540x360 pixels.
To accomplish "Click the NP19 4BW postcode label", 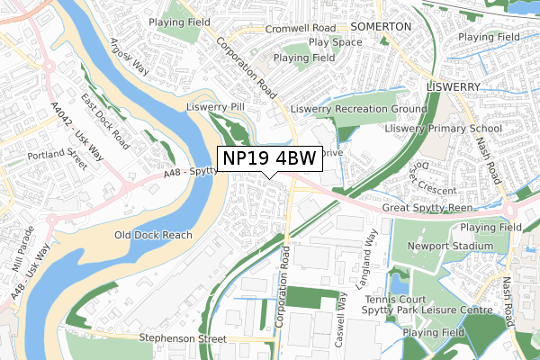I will tap(269, 158).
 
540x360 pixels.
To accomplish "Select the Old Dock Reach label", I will tap(153, 235).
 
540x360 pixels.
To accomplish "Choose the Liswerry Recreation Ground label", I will tap(358, 109).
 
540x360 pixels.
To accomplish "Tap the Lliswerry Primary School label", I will tap(443, 129).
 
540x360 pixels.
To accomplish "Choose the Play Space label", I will tap(335, 41).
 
